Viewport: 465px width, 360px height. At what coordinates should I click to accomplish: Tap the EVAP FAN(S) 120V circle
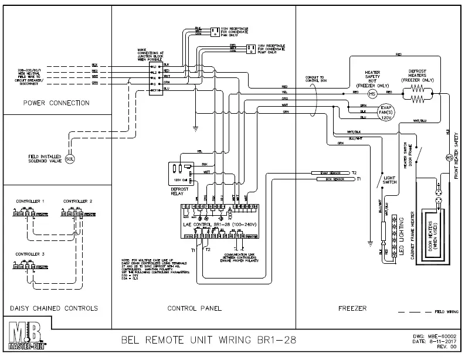[x=385, y=111]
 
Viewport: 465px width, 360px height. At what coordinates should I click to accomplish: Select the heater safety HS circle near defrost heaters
[x=372, y=93]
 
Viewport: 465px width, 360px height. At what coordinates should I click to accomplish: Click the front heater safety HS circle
[x=450, y=158]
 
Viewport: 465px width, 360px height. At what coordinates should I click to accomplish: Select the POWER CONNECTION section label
[x=56, y=103]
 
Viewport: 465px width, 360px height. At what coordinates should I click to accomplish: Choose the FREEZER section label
[x=353, y=308]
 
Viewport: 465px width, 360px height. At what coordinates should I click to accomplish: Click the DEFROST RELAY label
[x=179, y=193]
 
